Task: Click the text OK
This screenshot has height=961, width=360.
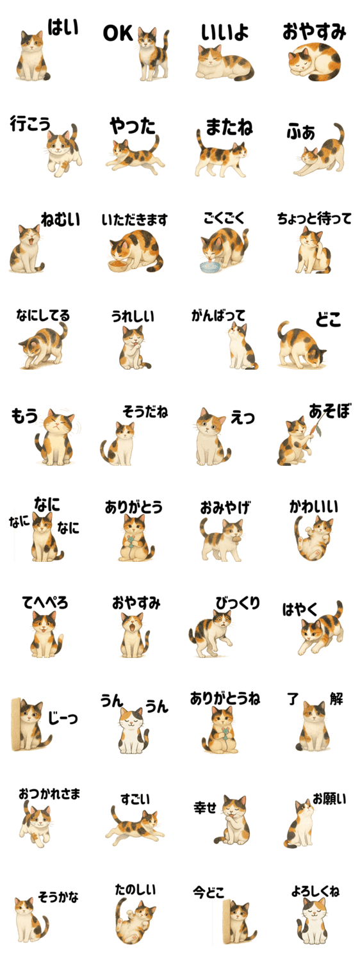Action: pos(118,33)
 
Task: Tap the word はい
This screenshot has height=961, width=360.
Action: pos(63,28)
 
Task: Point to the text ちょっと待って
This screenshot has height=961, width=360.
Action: pos(314,218)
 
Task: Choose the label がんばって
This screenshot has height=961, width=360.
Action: pos(218,316)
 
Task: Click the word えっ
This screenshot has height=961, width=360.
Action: pos(243,417)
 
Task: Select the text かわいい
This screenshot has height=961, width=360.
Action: pos(314,506)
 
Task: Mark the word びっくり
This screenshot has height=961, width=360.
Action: pos(238,602)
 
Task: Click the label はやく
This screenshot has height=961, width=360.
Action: pos(300,610)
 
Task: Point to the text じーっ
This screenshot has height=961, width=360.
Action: pos(63,717)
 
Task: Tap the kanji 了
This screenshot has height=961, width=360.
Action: pos(293,699)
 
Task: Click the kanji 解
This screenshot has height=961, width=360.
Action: pos(336,698)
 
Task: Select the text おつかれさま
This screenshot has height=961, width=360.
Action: pos(49,794)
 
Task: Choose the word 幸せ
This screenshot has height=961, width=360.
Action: pos(205,808)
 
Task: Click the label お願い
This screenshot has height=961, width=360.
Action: pos(329,799)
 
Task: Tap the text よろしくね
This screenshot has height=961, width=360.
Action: pos(315,891)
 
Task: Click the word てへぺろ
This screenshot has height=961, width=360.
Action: pos(45,602)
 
